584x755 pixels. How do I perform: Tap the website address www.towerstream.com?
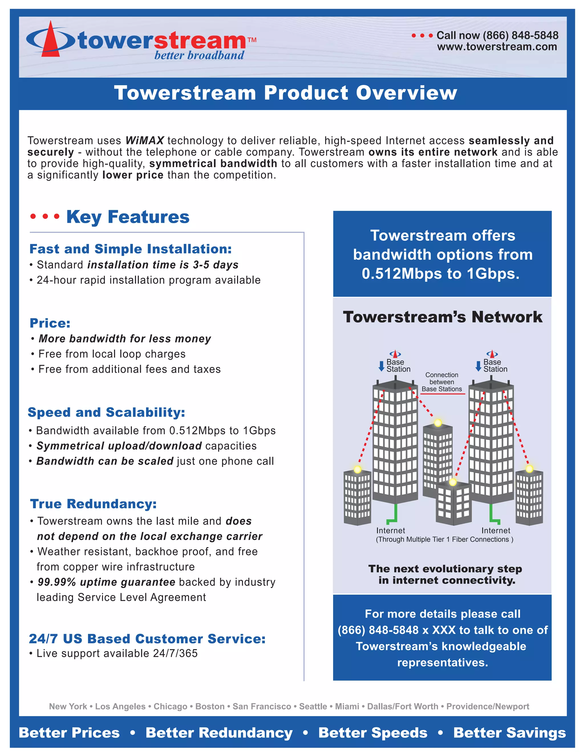click(497, 47)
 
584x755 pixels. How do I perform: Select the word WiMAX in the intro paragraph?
click(145, 140)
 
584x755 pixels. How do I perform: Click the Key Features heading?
click(128, 217)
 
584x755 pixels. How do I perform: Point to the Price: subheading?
click(50, 323)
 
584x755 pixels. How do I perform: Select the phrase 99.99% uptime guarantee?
click(106, 582)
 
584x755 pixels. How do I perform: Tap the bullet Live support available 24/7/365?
click(117, 653)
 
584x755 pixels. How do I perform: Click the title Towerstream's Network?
click(443, 317)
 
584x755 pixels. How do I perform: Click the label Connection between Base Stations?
click(441, 382)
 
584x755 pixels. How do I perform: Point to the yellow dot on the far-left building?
click(357, 469)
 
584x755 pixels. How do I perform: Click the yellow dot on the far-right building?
click(529, 469)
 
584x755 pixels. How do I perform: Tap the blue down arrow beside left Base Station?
click(381, 366)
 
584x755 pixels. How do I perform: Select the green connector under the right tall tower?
click(494, 515)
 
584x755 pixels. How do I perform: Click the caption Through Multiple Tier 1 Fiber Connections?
click(444, 539)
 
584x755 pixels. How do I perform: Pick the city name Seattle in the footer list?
click(313, 706)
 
